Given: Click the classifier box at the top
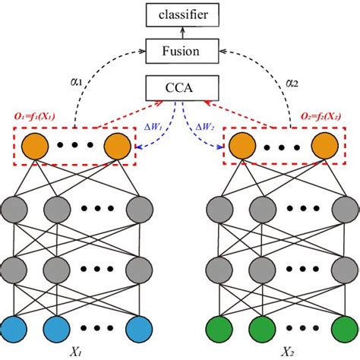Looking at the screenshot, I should click(180, 14).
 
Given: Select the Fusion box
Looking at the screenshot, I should click(180, 52).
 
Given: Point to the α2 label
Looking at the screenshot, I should click(292, 81).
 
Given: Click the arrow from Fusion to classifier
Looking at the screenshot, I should click(180, 33).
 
